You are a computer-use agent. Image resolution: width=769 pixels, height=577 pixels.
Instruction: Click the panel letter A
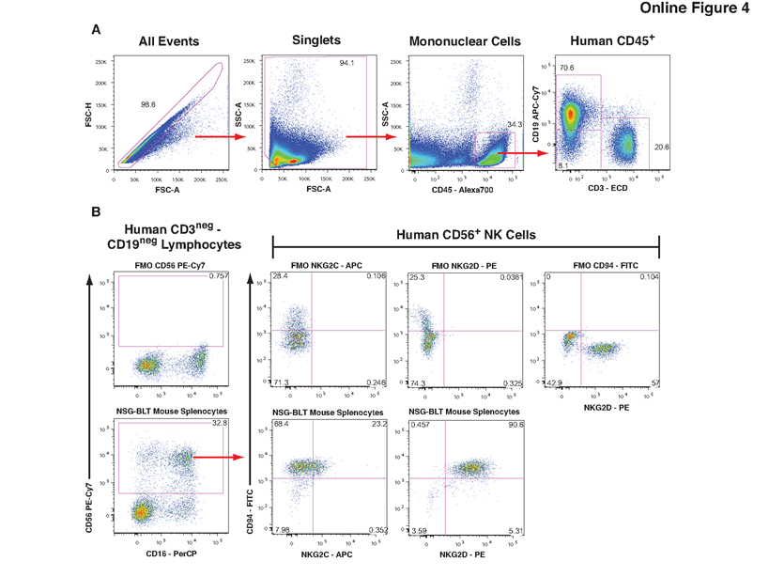(x=96, y=30)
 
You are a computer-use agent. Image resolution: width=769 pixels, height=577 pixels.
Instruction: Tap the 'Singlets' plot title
(x=316, y=40)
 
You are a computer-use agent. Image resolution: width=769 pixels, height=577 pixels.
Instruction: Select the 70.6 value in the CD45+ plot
(x=566, y=68)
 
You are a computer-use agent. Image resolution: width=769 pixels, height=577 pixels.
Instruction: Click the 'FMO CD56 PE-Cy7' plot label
(x=169, y=266)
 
